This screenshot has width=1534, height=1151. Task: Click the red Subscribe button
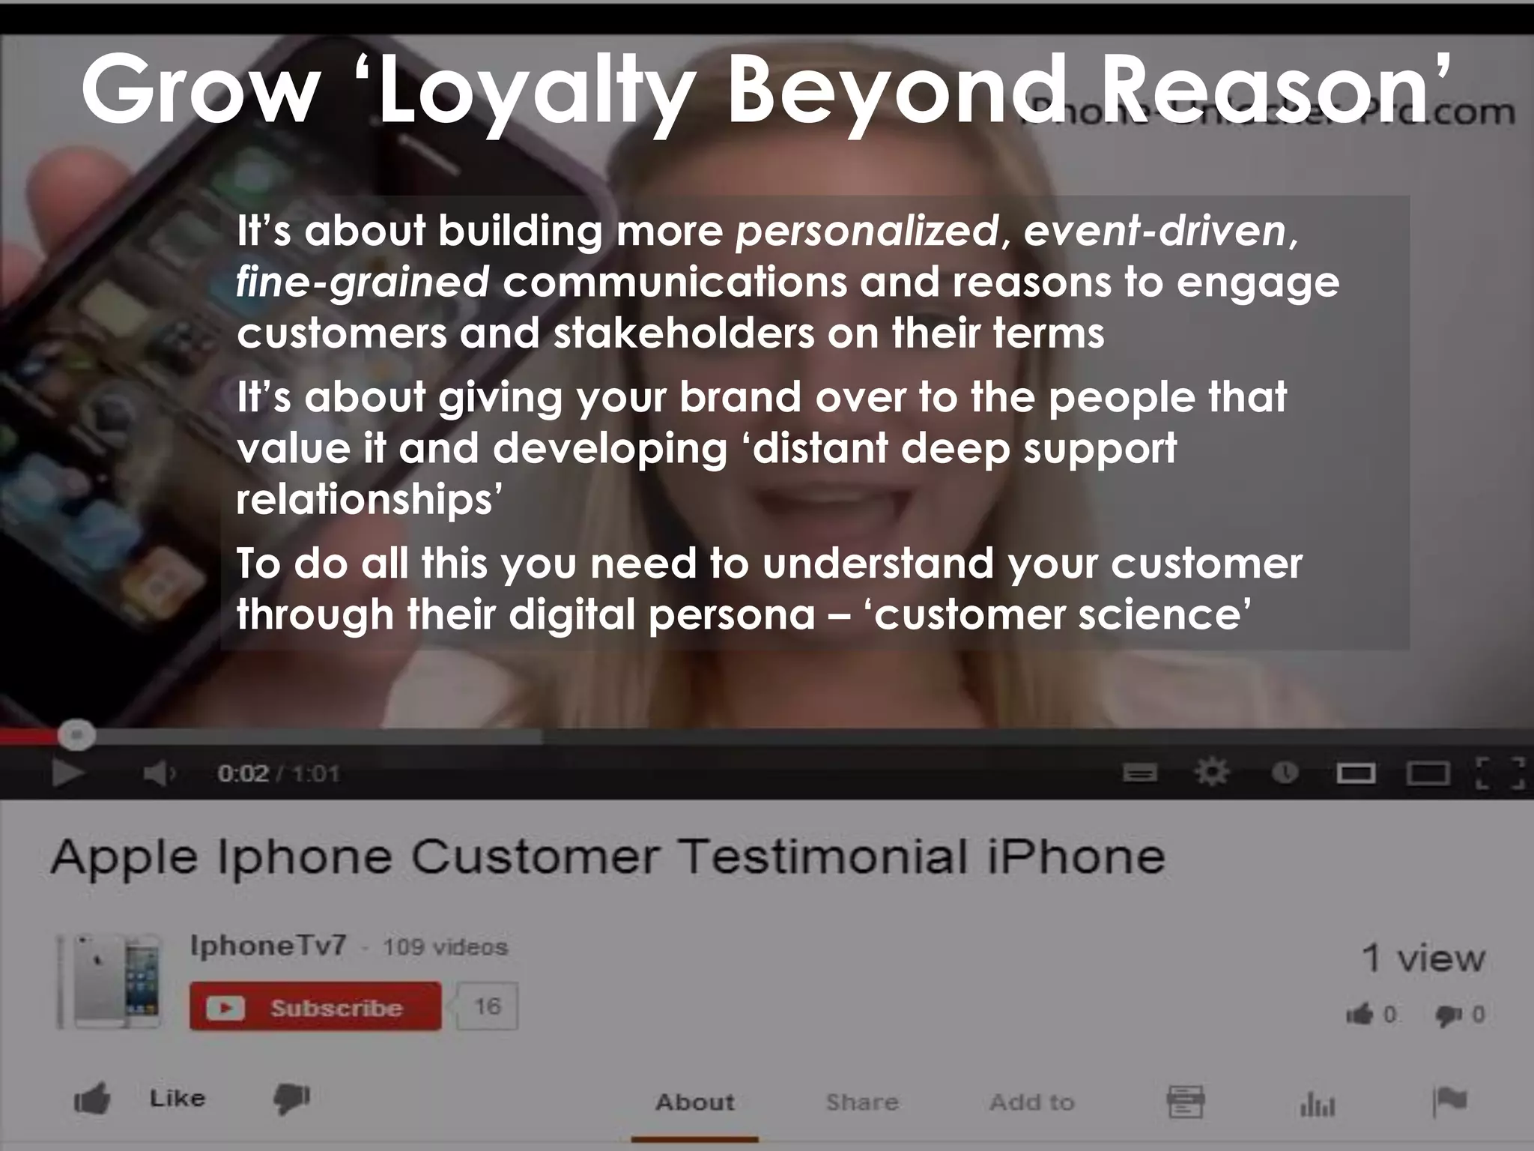click(315, 1006)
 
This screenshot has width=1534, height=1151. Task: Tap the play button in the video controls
click(67, 773)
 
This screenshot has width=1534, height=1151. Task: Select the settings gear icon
click(1211, 772)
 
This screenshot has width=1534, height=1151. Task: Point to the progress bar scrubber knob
click(76, 735)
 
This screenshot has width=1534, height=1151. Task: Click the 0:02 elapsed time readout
click(242, 773)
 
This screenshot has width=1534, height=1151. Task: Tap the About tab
click(694, 1102)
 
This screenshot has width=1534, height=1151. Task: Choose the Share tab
click(861, 1102)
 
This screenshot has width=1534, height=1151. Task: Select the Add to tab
click(1031, 1102)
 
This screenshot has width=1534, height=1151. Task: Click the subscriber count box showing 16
click(488, 1006)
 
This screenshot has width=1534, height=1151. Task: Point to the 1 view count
click(1422, 958)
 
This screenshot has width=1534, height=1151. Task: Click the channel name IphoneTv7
click(268, 946)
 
